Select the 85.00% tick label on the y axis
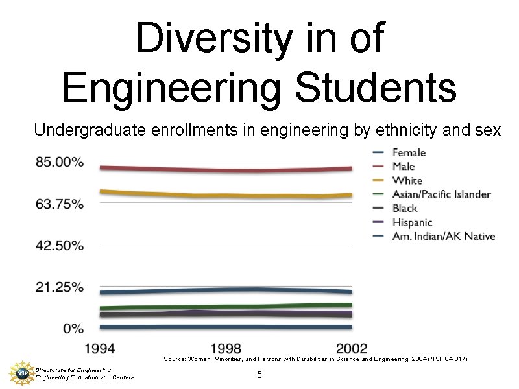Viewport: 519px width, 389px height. (x=60, y=162)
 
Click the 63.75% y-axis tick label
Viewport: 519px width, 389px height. (x=60, y=204)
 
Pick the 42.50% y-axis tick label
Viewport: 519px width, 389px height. (x=60, y=246)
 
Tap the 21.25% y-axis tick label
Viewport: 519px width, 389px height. (x=60, y=287)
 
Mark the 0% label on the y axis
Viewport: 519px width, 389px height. (x=73, y=329)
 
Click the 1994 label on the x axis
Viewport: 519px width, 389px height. (x=99, y=348)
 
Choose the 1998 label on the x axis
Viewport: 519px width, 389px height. (x=226, y=348)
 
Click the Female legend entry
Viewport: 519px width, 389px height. (x=409, y=153)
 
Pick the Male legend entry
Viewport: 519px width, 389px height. (x=404, y=167)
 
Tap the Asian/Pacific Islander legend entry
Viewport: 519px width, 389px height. (x=441, y=194)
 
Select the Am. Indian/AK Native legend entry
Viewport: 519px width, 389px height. (x=444, y=236)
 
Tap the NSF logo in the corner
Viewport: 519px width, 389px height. (x=21, y=373)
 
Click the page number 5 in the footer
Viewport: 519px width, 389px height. (x=259, y=375)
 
